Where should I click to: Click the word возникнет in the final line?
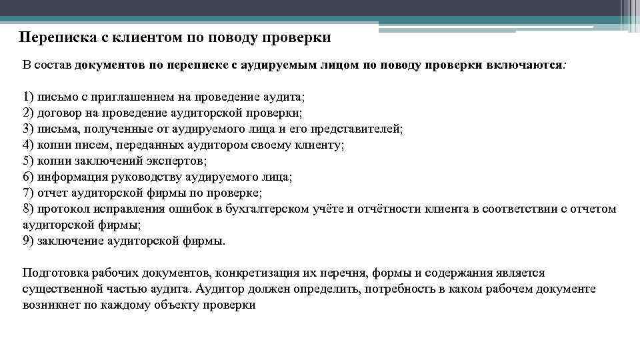pos(48,305)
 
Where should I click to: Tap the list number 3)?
pos(29,129)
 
